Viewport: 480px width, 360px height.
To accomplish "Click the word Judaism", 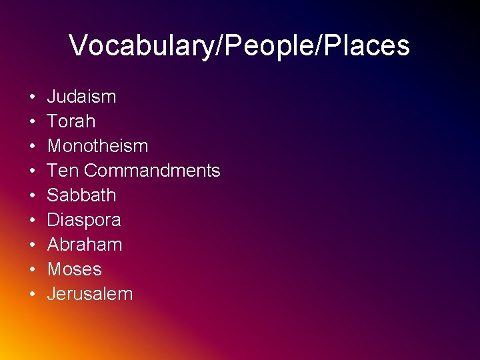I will coord(81,97).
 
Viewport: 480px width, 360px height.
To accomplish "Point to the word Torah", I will coord(71,121).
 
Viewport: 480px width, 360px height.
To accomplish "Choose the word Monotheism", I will coord(97,146).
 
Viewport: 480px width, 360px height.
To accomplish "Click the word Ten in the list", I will coord(63,171).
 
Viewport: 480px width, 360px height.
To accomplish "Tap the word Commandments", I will coord(152,171).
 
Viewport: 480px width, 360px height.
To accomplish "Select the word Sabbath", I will coord(81,195).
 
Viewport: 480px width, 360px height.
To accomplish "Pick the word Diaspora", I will coord(84,220).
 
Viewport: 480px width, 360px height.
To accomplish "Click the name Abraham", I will coord(85,245).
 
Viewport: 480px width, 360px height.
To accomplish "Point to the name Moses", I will coord(74,269).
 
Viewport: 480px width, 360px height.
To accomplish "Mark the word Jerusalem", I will coord(90,294).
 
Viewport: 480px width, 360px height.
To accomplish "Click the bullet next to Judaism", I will coord(32,97).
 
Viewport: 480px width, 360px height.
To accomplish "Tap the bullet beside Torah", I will coord(32,122).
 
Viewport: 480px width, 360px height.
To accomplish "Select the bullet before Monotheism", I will coord(32,147).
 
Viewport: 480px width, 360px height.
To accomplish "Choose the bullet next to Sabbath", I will coord(32,196).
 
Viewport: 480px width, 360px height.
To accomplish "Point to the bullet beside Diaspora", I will coord(32,221).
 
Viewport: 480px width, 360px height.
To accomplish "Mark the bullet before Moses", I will coord(32,270).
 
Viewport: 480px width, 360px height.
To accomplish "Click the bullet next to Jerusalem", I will coord(32,295).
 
